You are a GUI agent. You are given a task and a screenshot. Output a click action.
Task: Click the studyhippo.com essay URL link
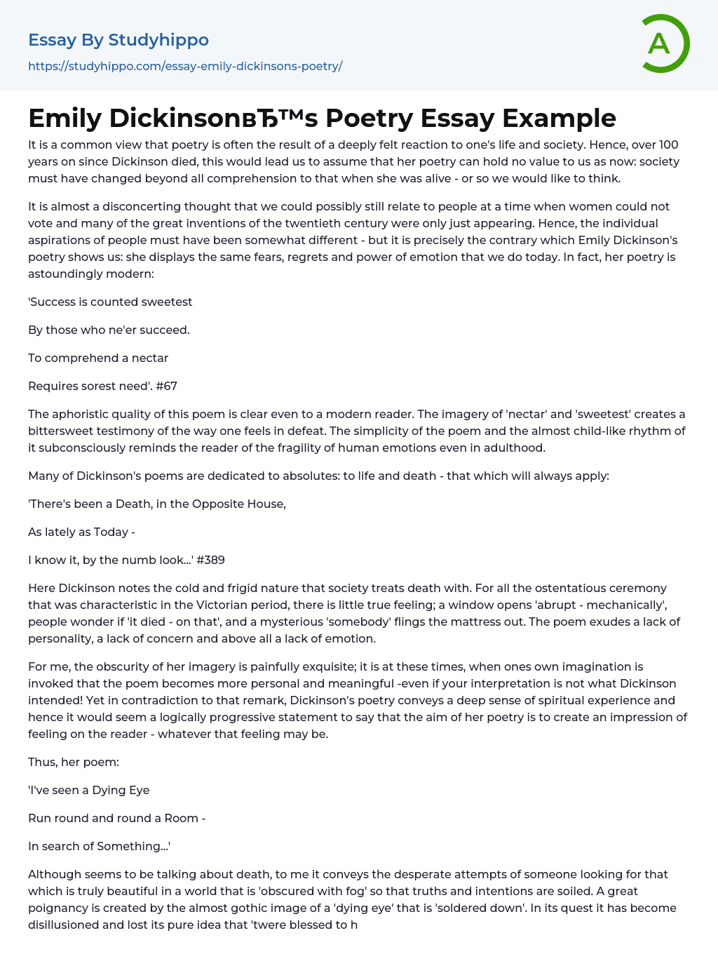(185, 66)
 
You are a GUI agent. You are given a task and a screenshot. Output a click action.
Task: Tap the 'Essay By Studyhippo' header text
(118, 40)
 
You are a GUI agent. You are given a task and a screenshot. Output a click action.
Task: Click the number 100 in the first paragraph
(668, 145)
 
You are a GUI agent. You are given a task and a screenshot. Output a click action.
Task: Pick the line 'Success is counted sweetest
(110, 302)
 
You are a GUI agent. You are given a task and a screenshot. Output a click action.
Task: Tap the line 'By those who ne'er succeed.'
(109, 330)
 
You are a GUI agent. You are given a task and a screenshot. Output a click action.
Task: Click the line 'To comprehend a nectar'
(98, 358)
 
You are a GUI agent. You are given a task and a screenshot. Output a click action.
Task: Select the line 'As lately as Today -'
(81, 532)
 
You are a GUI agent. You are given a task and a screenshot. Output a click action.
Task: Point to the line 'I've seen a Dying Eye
(89, 790)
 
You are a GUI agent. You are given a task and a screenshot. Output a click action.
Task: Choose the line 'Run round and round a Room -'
(116, 818)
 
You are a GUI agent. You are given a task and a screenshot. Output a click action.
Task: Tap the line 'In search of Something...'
(99, 846)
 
